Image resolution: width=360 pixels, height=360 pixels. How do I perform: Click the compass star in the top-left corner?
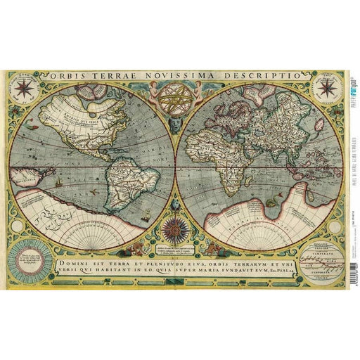click(26, 88)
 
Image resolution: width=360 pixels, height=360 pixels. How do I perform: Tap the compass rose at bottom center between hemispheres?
click(173, 229)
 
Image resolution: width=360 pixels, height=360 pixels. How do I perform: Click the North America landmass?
click(77, 127)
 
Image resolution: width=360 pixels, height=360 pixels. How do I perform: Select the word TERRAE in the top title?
click(112, 75)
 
